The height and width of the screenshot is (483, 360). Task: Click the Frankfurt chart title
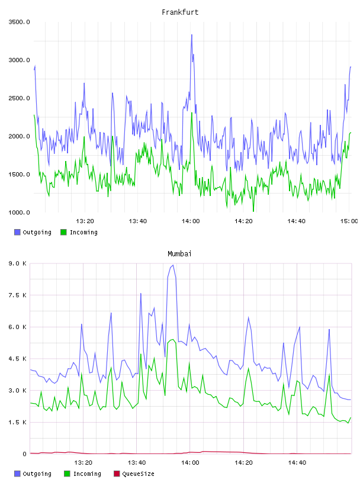pos(180,12)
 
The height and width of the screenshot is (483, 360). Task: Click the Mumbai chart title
pos(179,254)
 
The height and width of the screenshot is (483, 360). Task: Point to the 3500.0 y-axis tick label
pos(19,22)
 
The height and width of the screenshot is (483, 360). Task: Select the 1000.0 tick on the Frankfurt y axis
pos(19,212)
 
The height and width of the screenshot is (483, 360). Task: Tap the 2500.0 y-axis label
pos(19,98)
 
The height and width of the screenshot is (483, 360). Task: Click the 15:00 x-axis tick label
pos(349,221)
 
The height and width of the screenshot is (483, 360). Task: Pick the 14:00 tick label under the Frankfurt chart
pos(191,221)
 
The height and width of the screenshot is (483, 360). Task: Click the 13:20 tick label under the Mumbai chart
pos(83,463)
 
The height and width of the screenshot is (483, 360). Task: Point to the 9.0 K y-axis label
pos(18,263)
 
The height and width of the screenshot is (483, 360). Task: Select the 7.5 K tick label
pos(18,295)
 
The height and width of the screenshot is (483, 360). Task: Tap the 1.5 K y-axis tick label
pos(18,422)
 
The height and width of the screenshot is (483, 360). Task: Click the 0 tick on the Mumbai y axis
pos(24,454)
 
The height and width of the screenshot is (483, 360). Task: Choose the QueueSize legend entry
pos(134,474)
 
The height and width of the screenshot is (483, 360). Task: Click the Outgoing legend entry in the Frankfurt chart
pos(33,232)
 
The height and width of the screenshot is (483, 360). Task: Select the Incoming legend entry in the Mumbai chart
pos(83,474)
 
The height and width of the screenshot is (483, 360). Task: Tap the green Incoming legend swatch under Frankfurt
pos(63,232)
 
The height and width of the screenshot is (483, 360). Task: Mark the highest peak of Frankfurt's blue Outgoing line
pos(192,35)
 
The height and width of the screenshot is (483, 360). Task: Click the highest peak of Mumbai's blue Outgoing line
pos(173,265)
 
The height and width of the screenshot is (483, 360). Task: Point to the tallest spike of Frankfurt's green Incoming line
pos(192,112)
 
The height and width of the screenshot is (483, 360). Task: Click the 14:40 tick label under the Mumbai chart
pos(297,463)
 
